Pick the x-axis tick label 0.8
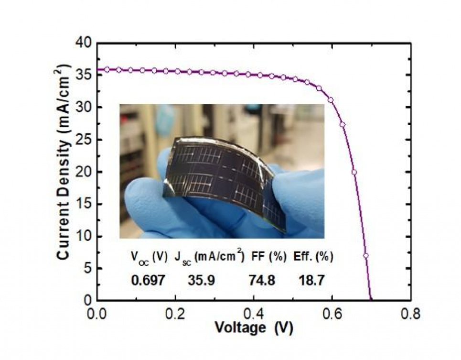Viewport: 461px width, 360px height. pyautogui.click(x=410, y=315)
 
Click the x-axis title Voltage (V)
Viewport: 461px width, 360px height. pyautogui.click(x=253, y=328)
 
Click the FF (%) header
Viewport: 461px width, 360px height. pyautogui.click(x=268, y=257)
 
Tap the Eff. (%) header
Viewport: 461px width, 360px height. pyautogui.click(x=313, y=257)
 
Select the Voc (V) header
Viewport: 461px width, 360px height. pyautogui.click(x=149, y=257)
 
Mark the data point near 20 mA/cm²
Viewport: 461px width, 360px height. pyautogui.click(x=354, y=172)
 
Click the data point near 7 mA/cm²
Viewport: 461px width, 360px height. pyautogui.click(x=366, y=255)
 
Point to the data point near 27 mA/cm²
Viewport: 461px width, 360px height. pyautogui.click(x=343, y=125)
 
